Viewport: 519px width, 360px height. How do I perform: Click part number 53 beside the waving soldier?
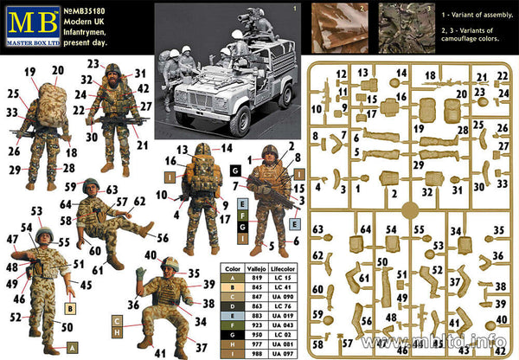pyautogui.click(x=35, y=211)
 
